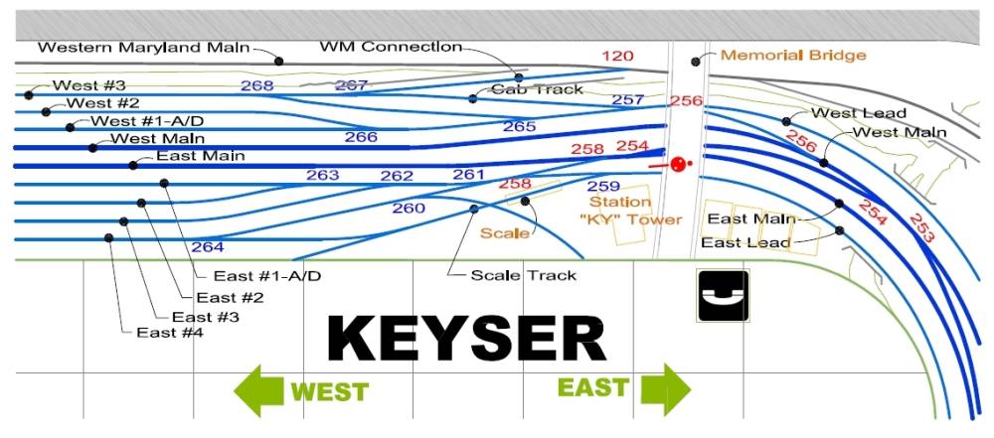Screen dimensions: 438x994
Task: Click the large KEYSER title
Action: [466, 339]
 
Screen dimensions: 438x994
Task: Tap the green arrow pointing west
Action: [260, 389]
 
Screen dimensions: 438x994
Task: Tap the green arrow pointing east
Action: [664, 387]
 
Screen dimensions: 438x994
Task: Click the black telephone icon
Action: [724, 296]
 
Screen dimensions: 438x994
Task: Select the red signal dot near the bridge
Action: [679, 165]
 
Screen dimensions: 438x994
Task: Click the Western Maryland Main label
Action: [144, 47]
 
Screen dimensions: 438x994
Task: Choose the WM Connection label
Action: [391, 47]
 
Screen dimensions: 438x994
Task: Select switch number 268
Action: [256, 85]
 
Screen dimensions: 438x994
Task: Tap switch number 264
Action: [208, 246]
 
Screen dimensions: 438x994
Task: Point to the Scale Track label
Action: [523, 275]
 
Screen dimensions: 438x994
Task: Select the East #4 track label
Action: [171, 333]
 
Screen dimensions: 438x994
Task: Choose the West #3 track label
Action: [89, 86]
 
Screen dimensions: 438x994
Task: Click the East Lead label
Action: [745, 242]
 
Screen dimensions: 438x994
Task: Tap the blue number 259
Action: [603, 186]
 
